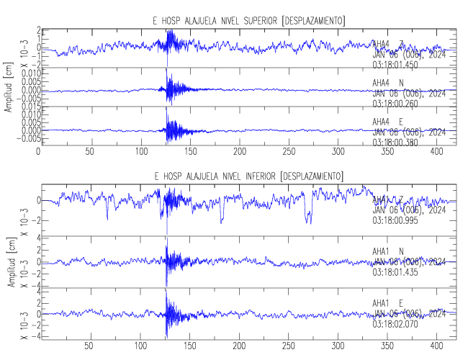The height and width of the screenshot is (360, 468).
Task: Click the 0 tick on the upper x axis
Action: coord(38,153)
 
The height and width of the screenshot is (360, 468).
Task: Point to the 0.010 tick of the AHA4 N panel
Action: coord(26,73)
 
